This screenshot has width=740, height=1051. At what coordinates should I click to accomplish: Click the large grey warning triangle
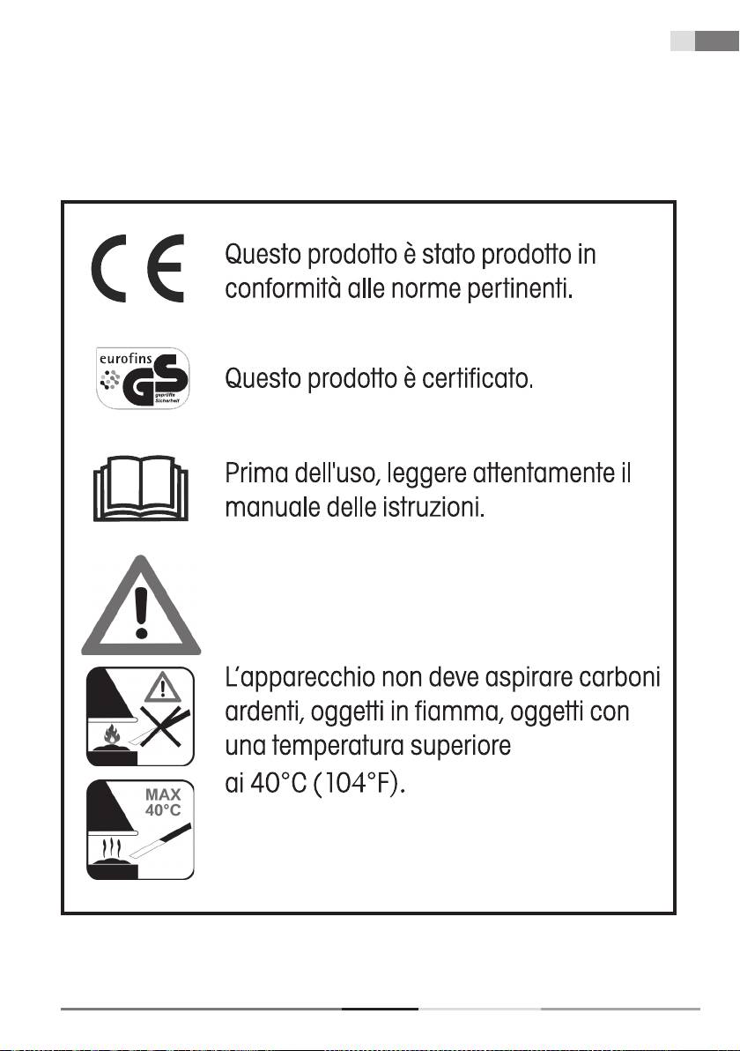(x=141, y=606)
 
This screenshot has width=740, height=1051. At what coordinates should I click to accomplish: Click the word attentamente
(x=531, y=474)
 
